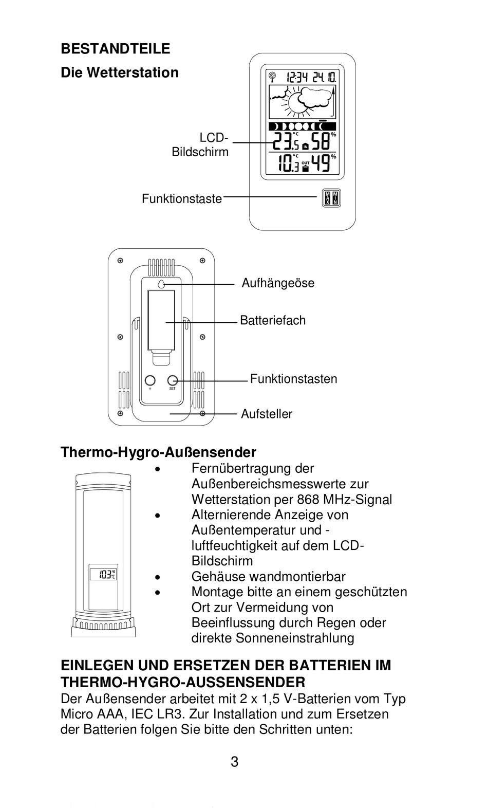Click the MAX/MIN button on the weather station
click(x=331, y=197)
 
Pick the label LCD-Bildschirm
click(x=200, y=145)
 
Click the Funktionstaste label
click(x=182, y=199)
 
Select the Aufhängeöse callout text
click(x=278, y=283)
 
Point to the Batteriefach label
click(x=273, y=321)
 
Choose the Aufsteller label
click(x=267, y=414)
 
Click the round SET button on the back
click(x=173, y=380)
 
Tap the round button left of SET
click(x=149, y=380)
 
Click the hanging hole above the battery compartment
click(x=161, y=284)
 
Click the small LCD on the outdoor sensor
click(x=103, y=574)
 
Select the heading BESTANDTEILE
click(x=115, y=49)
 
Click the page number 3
click(x=235, y=762)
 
